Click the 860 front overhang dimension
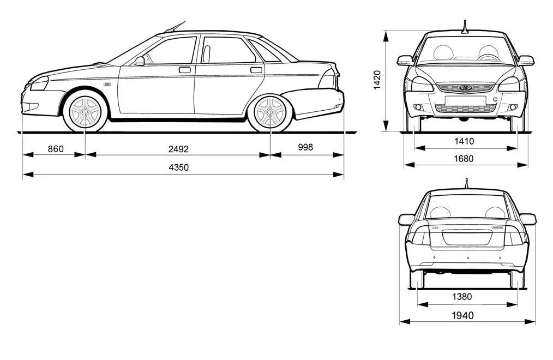coord(56,149)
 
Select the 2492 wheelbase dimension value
coord(178,149)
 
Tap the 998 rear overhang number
coord(305,147)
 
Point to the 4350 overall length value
coord(179,167)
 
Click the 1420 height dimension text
coord(377,80)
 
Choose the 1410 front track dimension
coord(464,141)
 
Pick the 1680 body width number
coord(464,159)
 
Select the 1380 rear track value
coord(462,297)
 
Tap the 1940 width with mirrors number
coord(462,316)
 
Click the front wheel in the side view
coord(85,111)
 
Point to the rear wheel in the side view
coord(270,112)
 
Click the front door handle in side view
coord(184,70)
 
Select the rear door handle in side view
coord(256,70)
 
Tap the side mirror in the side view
coord(140,61)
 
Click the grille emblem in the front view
coord(466,87)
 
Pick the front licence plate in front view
coord(465,101)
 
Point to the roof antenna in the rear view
coord(466,184)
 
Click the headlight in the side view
coord(39,83)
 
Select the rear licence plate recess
coord(467,237)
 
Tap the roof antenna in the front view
coord(465,27)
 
